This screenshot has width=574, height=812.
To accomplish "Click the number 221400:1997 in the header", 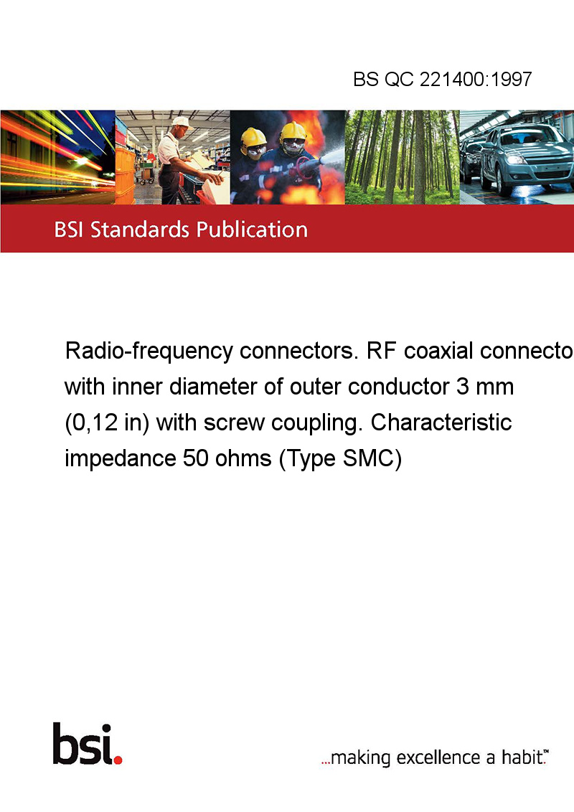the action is click(476, 79).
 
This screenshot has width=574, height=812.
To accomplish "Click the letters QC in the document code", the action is click(399, 79).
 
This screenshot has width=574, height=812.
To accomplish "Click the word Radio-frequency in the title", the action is click(149, 351).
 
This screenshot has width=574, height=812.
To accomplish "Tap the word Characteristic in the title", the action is click(441, 422).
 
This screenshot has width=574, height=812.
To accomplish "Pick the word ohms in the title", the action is click(243, 458).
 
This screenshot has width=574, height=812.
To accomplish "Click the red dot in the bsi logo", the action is click(118, 760).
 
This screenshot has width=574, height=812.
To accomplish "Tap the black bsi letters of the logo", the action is click(83, 744).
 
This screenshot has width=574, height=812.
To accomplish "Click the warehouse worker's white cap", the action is click(182, 122).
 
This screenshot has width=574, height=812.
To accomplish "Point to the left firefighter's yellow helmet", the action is click(253, 138).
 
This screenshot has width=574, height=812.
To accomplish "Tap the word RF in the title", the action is click(381, 351).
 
